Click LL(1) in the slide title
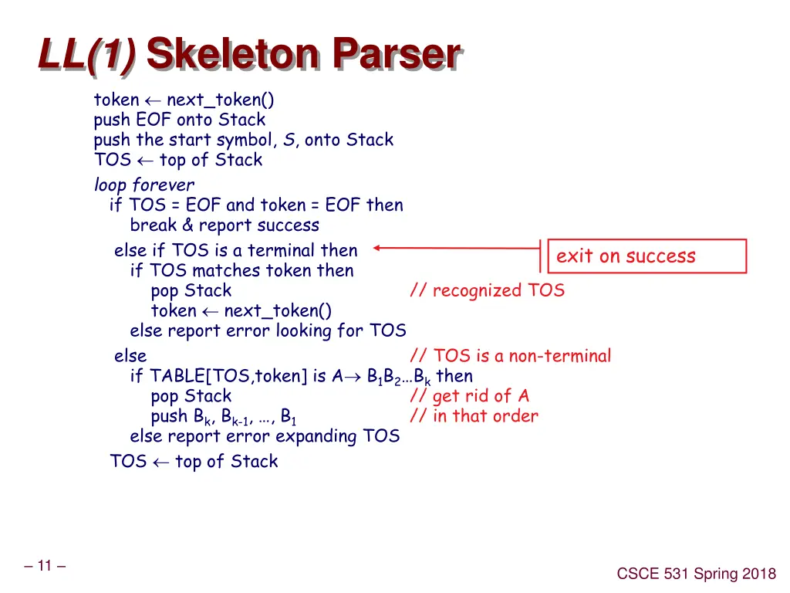(x=86, y=56)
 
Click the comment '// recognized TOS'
(x=487, y=291)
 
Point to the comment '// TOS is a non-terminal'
(x=510, y=356)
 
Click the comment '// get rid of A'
(x=470, y=396)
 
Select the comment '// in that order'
(x=474, y=416)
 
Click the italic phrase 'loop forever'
(x=143, y=185)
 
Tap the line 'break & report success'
(x=225, y=225)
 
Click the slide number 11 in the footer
(x=44, y=566)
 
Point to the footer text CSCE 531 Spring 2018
(x=697, y=574)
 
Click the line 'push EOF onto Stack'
(x=179, y=120)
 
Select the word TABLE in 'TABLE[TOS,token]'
(x=177, y=376)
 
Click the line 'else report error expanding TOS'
(x=265, y=436)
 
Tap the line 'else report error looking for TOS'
(x=268, y=331)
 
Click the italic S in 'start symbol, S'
(x=289, y=140)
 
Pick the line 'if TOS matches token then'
(x=241, y=271)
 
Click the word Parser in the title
(x=397, y=56)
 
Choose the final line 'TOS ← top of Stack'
(x=194, y=462)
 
